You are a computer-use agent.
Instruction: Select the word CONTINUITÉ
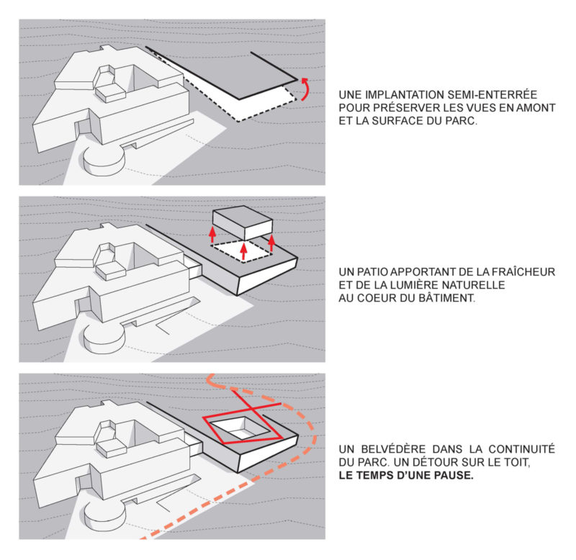point(521,448)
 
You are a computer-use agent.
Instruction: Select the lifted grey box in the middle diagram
point(243,223)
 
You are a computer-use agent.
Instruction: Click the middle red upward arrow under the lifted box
point(243,251)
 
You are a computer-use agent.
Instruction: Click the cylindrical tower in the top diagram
point(104,158)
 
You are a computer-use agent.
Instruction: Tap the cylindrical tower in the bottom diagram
point(105,514)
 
